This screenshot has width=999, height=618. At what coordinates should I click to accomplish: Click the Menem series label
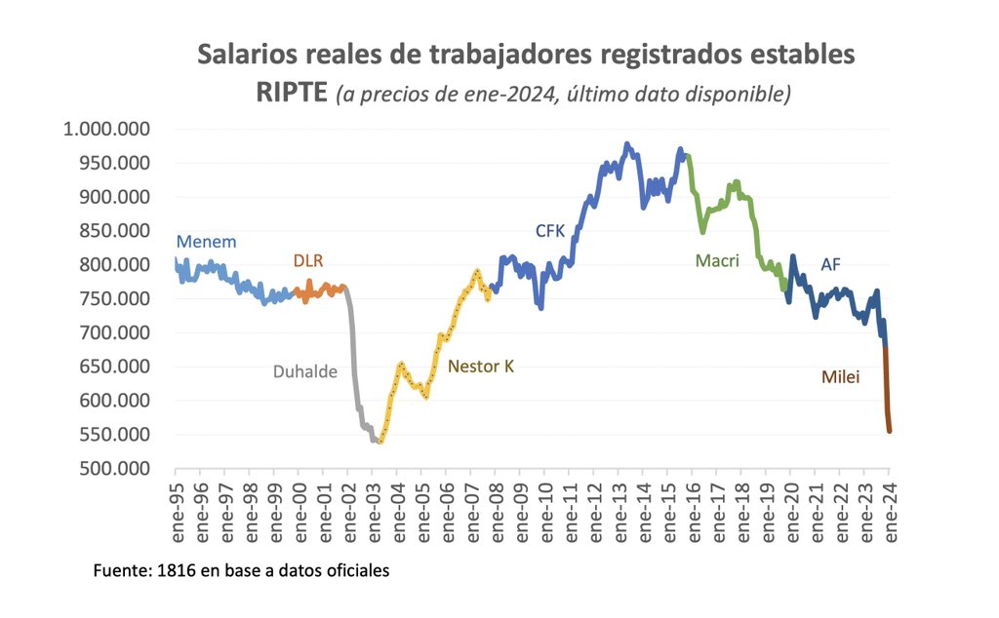(x=206, y=242)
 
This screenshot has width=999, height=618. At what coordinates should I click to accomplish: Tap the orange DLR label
(x=308, y=260)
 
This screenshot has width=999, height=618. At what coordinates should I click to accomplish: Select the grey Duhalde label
(x=304, y=371)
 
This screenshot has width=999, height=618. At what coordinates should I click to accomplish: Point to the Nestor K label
(x=480, y=367)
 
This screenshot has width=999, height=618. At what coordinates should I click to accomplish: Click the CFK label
(x=550, y=231)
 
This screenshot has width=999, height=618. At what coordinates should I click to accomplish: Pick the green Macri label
(x=717, y=260)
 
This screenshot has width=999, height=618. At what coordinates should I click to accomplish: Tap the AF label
(x=831, y=263)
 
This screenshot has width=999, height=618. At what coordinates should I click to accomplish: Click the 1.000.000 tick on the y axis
(x=106, y=129)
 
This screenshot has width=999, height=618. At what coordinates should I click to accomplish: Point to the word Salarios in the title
(x=244, y=55)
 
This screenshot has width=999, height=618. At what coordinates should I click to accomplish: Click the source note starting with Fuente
(x=241, y=570)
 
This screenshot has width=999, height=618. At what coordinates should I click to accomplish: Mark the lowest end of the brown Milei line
(x=890, y=431)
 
